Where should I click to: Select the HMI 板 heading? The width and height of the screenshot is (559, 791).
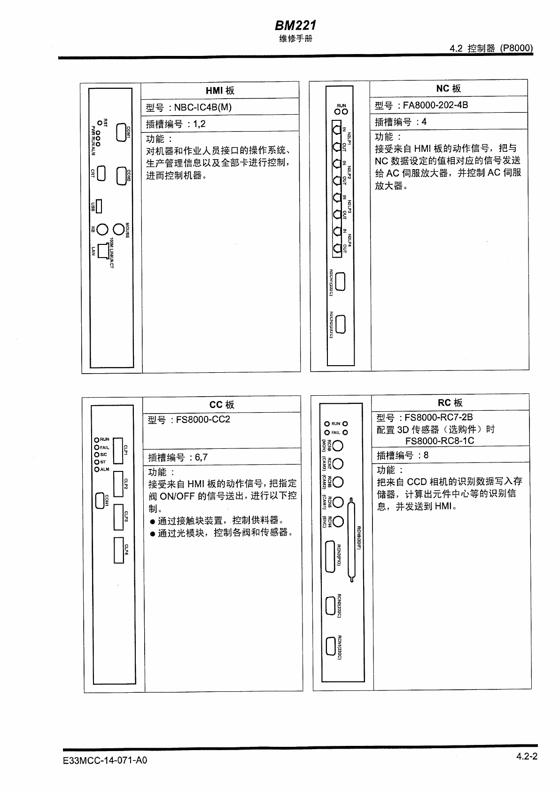tap(220, 91)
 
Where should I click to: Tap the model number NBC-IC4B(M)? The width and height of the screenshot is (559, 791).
tap(202, 107)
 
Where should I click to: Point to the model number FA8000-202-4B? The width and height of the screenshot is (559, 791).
tap(435, 105)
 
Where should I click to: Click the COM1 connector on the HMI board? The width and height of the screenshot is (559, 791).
tap(121, 133)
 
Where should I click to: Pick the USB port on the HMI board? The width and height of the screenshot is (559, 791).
tap(99, 206)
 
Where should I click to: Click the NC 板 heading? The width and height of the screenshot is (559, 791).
tap(449, 89)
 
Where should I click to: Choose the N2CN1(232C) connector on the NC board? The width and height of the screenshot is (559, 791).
tap(341, 282)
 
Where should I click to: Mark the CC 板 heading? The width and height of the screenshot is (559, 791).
tap(222, 405)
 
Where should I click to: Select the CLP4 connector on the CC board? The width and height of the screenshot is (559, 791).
tap(118, 549)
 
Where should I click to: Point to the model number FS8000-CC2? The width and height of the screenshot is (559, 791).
tap(203, 420)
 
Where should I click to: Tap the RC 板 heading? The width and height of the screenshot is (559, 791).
tap(450, 403)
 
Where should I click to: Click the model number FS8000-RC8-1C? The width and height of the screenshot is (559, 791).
tap(440, 441)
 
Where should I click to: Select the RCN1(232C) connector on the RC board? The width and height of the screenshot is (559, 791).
tap(330, 647)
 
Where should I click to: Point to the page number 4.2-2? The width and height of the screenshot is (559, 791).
tap(526, 756)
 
